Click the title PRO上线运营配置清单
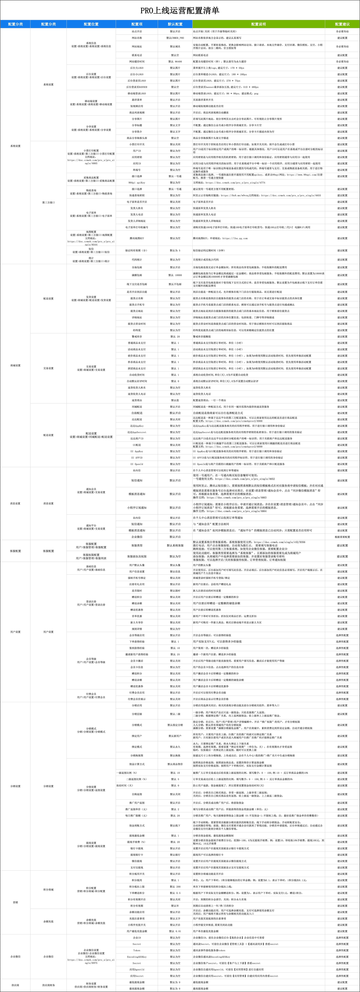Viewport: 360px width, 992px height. [180, 10]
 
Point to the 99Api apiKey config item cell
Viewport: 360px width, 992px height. [137, 182]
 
